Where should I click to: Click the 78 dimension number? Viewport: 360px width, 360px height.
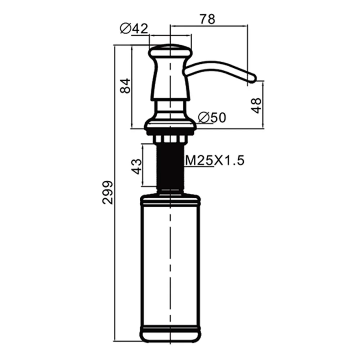pos(208,19)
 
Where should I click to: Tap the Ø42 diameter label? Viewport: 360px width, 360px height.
pos(134,29)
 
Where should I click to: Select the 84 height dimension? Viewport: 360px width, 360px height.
pos(125,86)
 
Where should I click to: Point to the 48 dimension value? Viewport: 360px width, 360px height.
pos(256,105)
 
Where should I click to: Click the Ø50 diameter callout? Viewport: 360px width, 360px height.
pos(212,118)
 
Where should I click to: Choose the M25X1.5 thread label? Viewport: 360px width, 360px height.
pos(215,160)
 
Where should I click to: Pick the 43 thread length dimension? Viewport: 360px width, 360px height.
pos(136,166)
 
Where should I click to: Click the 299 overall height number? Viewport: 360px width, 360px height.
pos(107,192)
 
